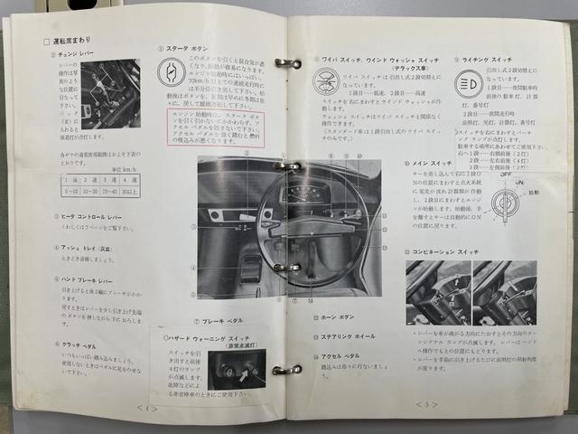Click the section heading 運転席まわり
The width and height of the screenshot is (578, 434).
tap(69, 42)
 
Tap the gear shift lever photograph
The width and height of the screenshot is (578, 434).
tap(110, 93)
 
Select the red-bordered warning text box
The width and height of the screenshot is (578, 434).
tap(215, 127)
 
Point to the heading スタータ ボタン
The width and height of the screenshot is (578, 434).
tap(191, 49)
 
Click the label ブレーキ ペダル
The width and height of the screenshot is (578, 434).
tap(220, 320)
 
